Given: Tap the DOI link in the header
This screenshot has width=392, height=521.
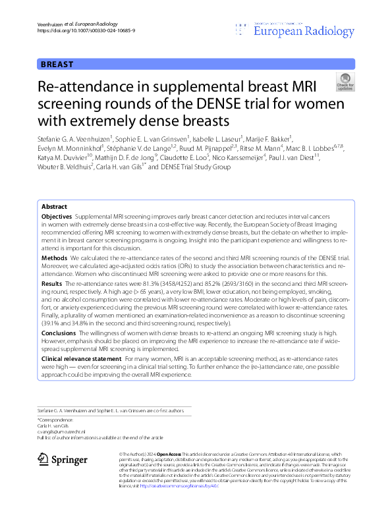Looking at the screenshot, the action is [78, 30].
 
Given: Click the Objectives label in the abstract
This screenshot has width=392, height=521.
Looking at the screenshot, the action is [57, 198].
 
